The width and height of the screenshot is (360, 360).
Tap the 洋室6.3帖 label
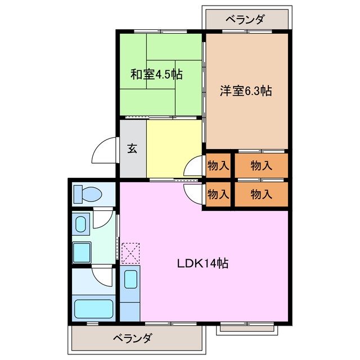245,90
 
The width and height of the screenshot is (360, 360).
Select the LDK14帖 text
204,263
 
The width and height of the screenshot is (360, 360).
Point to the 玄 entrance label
132,149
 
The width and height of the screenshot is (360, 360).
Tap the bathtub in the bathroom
93,309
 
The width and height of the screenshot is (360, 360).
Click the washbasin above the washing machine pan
81,223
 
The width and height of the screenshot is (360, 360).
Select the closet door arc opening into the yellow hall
192,165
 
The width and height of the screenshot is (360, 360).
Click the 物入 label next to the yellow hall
218,165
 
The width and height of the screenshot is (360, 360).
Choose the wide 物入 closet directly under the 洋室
262,165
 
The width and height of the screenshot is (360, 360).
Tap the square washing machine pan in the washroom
82,250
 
